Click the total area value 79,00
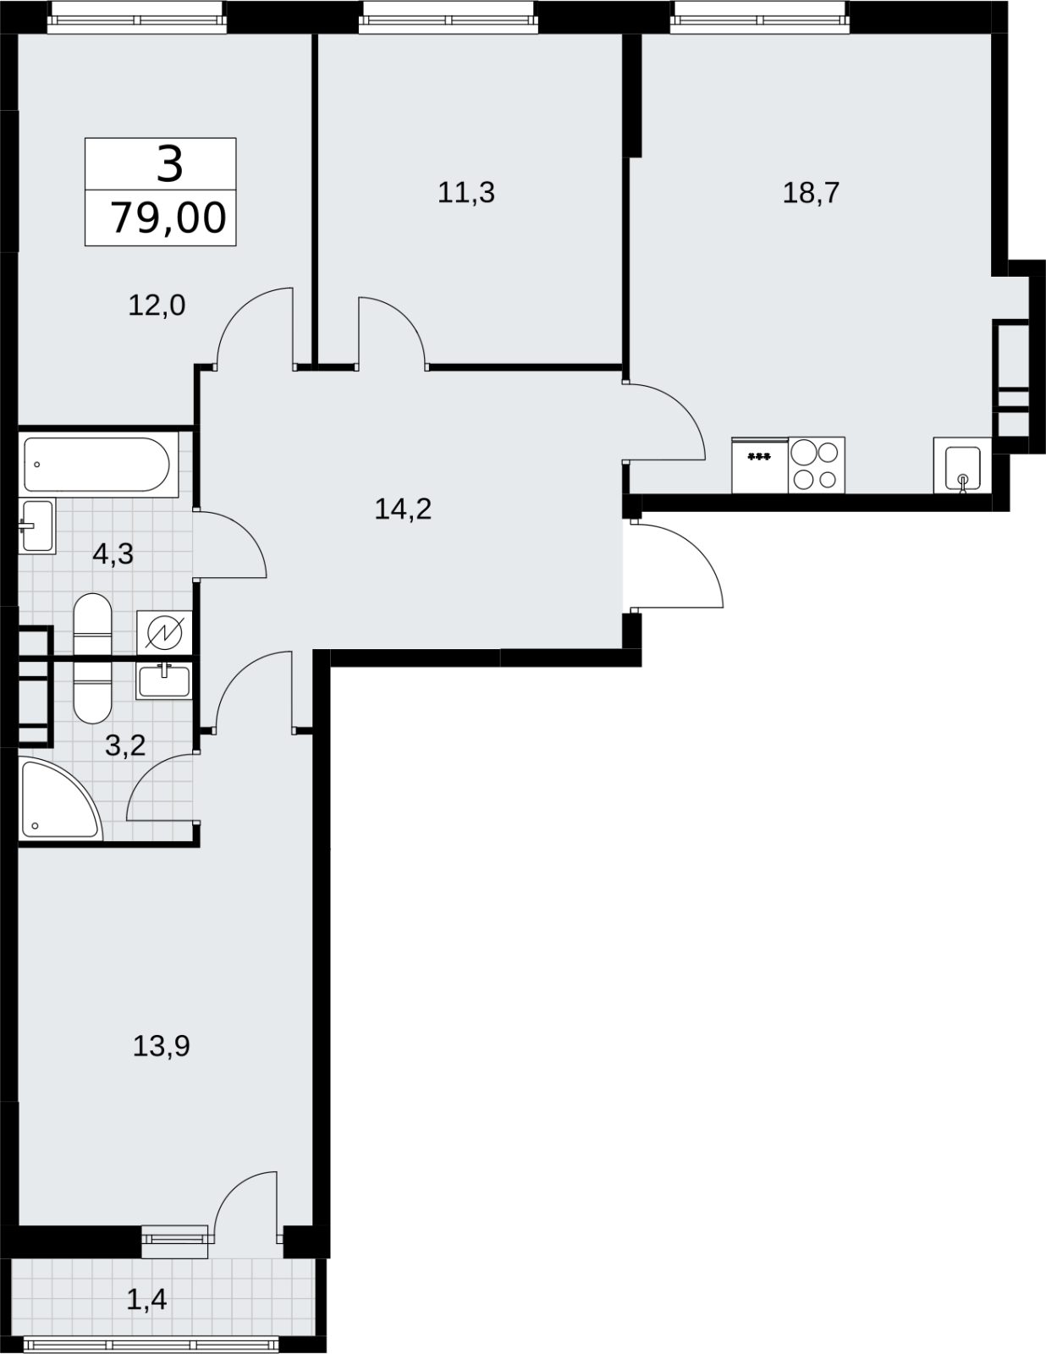click(168, 218)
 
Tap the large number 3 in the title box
click(169, 164)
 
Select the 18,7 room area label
click(811, 193)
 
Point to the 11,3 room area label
click(466, 193)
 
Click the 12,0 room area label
click(157, 305)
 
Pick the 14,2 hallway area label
click(403, 509)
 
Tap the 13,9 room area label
click(161, 1046)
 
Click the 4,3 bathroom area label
click(113, 553)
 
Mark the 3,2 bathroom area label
click(125, 746)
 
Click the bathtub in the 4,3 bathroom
click(96, 465)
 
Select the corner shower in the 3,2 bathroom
click(60, 798)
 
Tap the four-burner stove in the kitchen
click(816, 465)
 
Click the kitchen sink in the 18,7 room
click(962, 465)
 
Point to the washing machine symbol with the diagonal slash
click(164, 632)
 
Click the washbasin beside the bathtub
click(36, 526)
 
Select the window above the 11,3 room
click(449, 17)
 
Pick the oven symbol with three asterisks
click(759, 465)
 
